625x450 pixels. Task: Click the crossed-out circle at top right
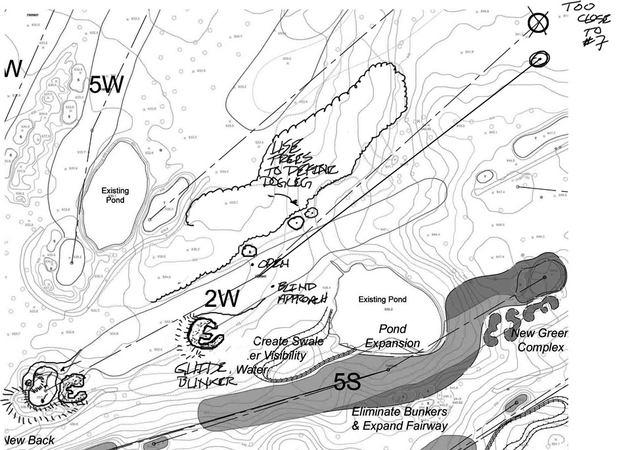[539, 24]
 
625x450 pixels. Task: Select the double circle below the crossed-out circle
[538, 60]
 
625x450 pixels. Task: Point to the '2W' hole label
[221, 299]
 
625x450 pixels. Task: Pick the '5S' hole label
[346, 383]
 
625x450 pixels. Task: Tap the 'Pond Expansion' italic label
[398, 336]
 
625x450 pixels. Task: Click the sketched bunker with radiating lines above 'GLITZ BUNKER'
[204, 334]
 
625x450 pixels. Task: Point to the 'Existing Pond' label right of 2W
[382, 300]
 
